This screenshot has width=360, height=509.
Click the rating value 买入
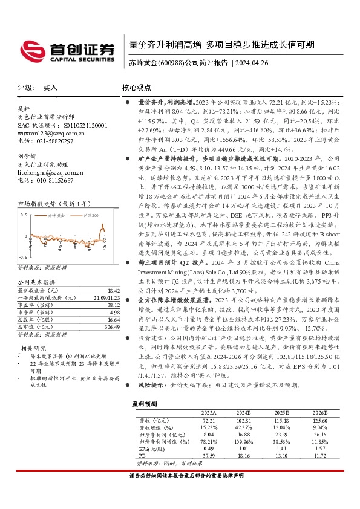[x=50, y=87]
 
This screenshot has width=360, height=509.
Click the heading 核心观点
[x=137, y=87]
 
